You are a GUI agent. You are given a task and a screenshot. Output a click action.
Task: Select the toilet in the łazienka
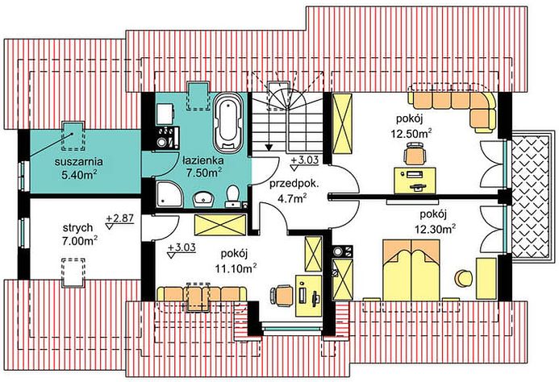[x=232, y=194]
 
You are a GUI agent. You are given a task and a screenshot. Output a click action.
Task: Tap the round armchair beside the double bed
[x=462, y=277]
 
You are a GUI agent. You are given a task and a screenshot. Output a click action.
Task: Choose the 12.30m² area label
[x=436, y=229]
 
